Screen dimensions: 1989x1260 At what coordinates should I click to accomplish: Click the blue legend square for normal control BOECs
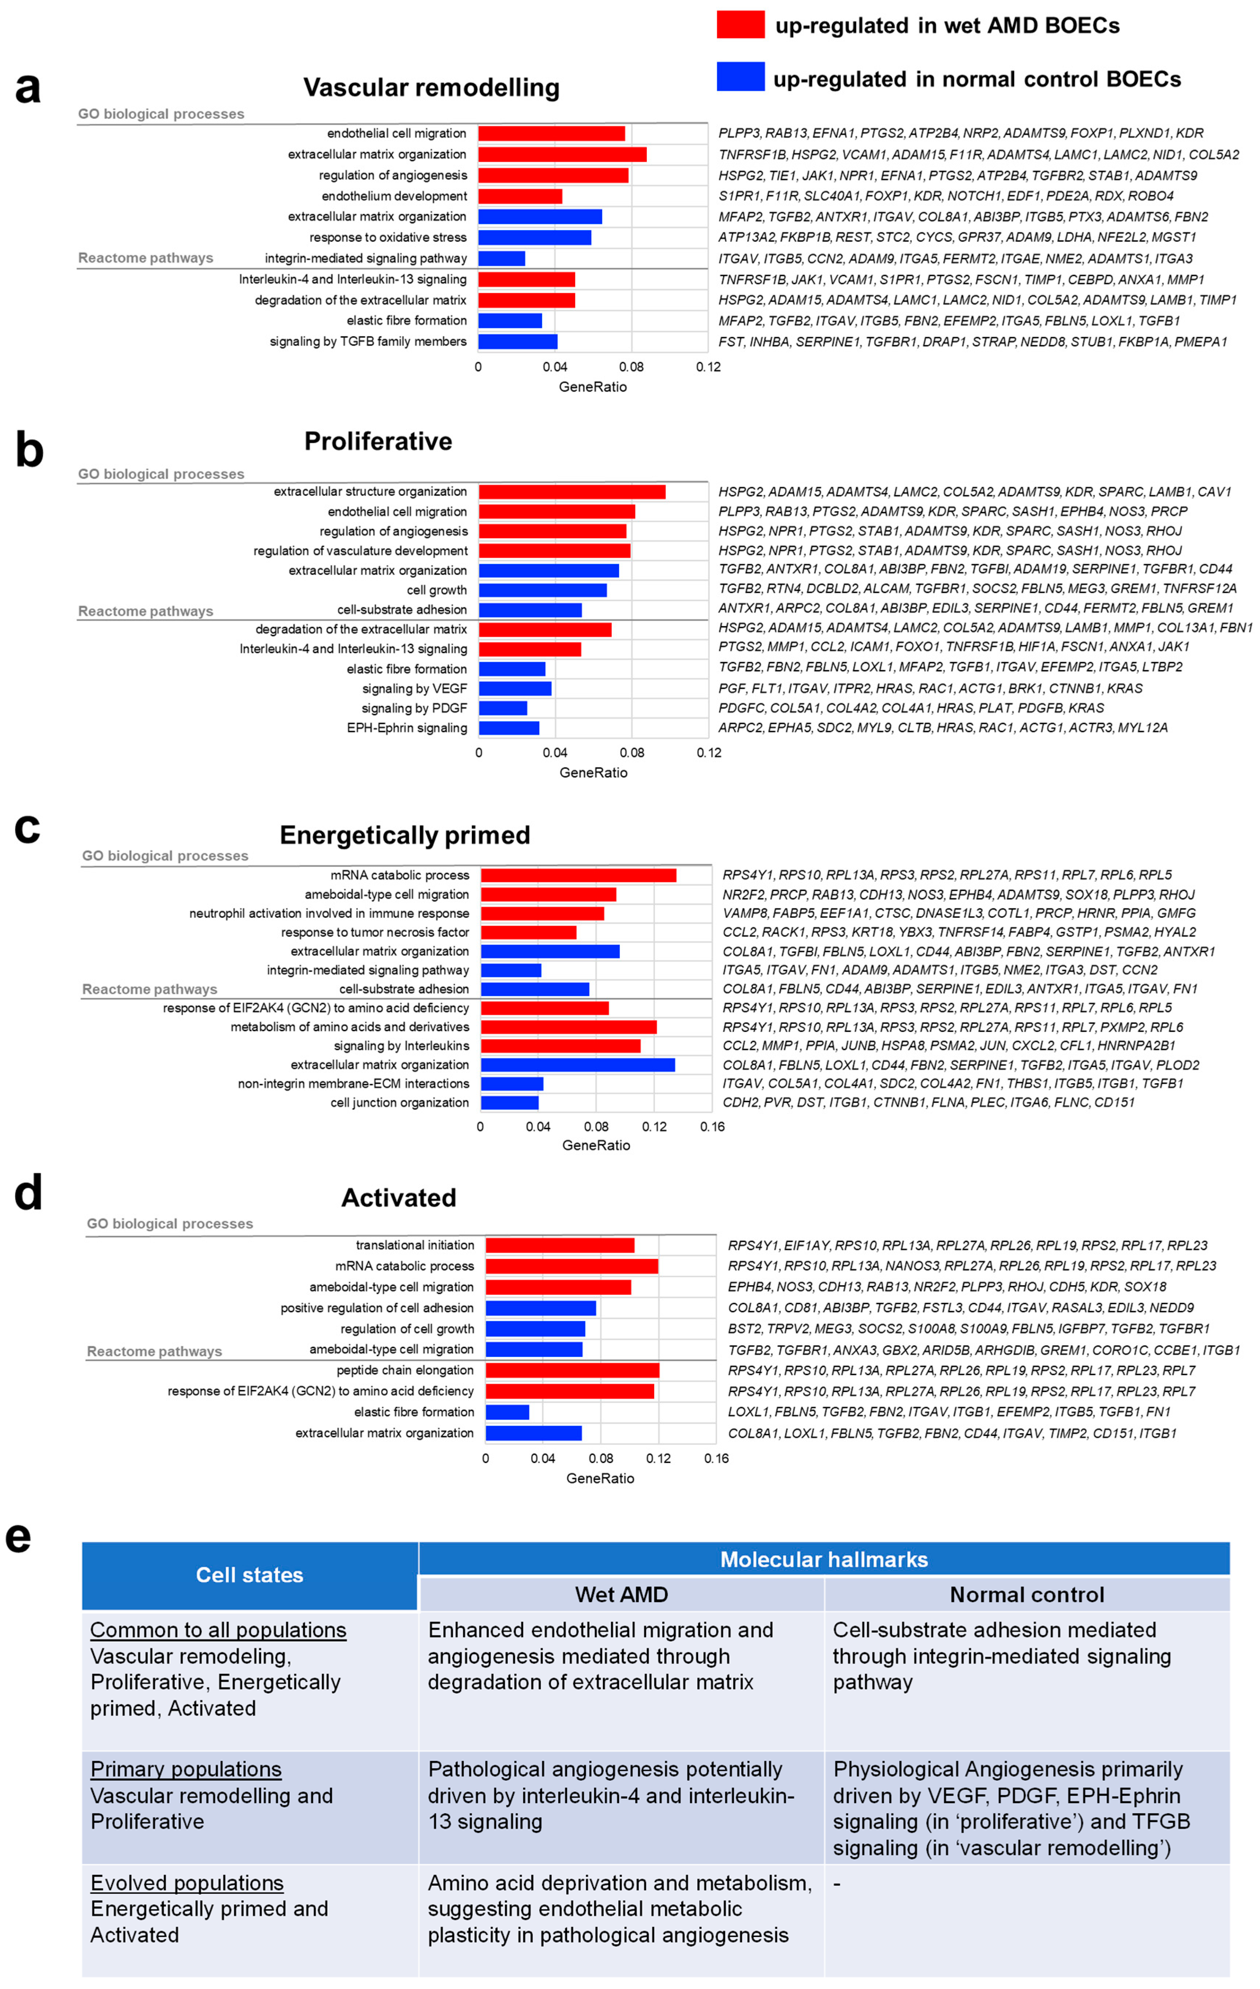[x=740, y=77]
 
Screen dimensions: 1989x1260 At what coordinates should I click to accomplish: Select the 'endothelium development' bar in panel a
[x=520, y=196]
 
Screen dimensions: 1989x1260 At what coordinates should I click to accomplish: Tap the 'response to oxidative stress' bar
[x=534, y=237]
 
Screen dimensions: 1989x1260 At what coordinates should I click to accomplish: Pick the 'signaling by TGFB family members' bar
[x=518, y=341]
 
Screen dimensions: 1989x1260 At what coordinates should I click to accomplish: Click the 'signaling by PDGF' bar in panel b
[x=503, y=708]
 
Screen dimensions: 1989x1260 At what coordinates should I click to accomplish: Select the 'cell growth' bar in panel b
[x=543, y=590]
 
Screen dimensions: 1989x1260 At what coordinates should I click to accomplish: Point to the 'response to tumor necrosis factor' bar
[x=528, y=932]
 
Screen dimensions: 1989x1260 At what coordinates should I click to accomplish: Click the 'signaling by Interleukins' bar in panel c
[x=560, y=1046]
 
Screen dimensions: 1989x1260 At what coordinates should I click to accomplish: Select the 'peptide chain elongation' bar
[x=572, y=1370]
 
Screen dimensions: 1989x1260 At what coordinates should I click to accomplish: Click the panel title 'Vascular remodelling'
[x=431, y=87]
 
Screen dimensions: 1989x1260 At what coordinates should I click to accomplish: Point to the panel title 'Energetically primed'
[x=405, y=835]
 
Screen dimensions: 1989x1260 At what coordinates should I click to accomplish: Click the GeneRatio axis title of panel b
[x=593, y=772]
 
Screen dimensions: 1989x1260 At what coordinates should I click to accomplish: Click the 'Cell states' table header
[x=250, y=1575]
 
